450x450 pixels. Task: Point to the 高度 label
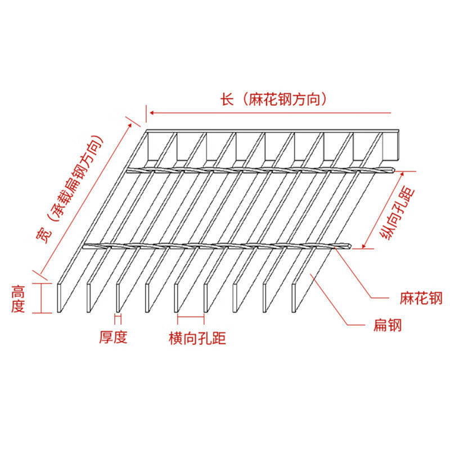(19, 299)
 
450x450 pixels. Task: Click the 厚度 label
(114, 337)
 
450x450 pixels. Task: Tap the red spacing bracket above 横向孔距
(190, 318)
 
